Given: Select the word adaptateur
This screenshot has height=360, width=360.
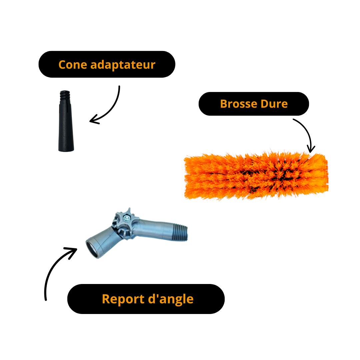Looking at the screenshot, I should point(123,65).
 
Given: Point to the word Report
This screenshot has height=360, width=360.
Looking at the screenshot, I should point(123,299).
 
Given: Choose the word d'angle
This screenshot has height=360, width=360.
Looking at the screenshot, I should point(171,299).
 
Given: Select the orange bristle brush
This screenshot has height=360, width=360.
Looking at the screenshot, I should point(256,175).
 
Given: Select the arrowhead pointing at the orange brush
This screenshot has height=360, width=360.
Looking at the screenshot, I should point(310,149).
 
